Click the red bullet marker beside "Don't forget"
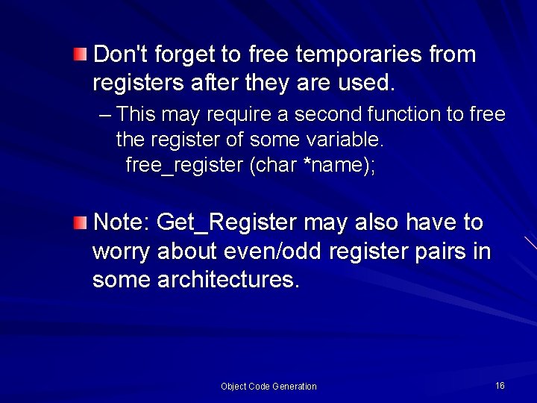pos(80,54)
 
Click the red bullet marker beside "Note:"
pos(80,222)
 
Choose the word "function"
pos(414,114)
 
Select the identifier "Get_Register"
pos(227,223)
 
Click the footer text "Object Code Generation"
pos(268,386)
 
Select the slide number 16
pos(500,385)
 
